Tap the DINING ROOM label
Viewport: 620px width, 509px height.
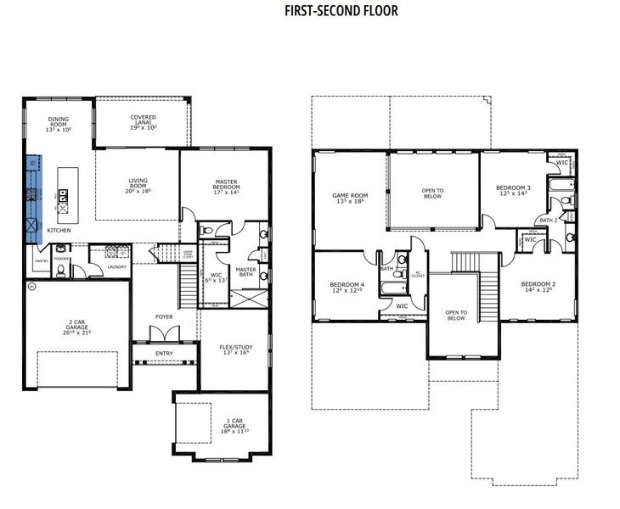[x=58, y=125]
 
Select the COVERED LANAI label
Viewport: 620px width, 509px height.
[x=142, y=122]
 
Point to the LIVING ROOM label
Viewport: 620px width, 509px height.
[x=138, y=184]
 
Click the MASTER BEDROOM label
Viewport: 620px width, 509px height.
[x=225, y=186]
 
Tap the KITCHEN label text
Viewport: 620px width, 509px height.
[x=59, y=231]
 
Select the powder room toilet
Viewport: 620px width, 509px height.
[x=60, y=271]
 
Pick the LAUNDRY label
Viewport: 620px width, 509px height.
[x=117, y=266]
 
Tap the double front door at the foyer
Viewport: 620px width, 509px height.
[x=164, y=344]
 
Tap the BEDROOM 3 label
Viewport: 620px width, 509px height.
[x=513, y=191]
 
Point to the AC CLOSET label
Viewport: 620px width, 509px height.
[x=418, y=274]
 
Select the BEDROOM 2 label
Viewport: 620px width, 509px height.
[x=538, y=287]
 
